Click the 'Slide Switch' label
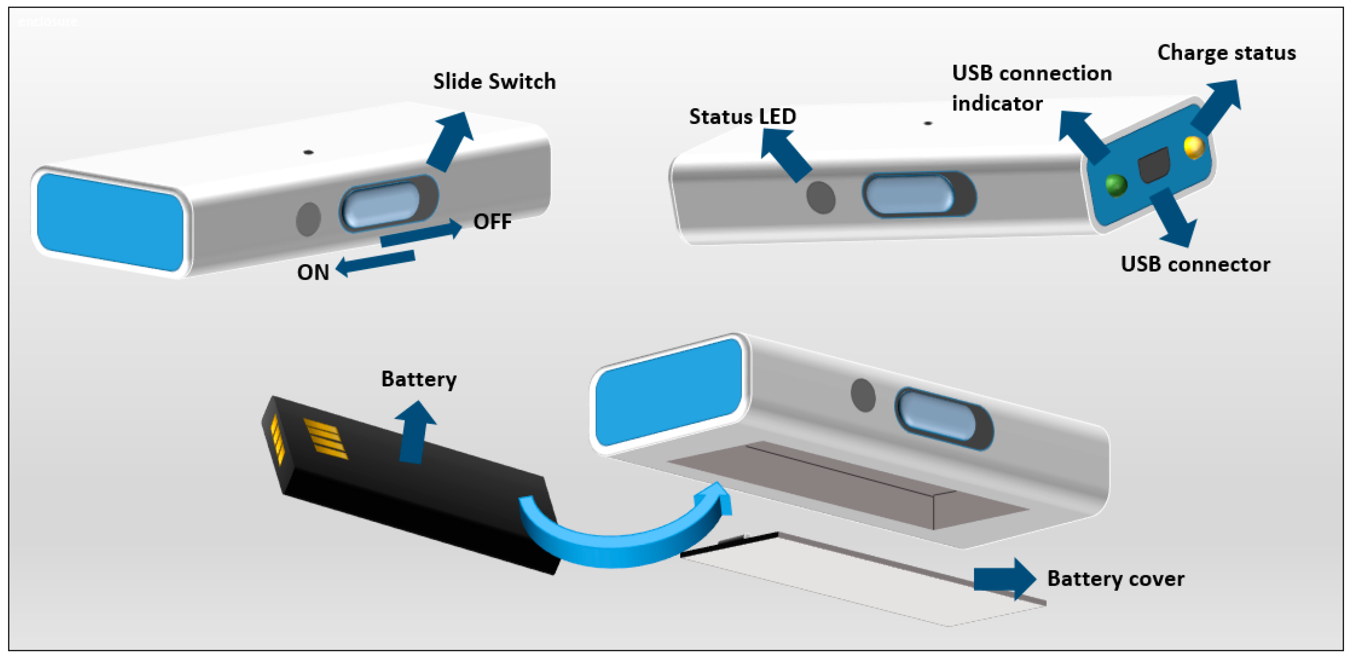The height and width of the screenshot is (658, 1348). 494,82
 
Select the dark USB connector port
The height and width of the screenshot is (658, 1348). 1154,165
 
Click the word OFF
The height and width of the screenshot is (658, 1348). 492,222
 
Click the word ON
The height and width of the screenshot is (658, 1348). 313,272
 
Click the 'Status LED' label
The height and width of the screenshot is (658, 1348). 742,116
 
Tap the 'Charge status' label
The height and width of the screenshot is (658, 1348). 1226,53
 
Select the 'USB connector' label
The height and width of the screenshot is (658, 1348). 1195,264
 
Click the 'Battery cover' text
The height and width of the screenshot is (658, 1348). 1115,578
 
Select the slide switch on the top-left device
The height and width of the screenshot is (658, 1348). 381,204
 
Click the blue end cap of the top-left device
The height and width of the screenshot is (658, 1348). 110,222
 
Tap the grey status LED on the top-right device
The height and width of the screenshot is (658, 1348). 820,197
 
